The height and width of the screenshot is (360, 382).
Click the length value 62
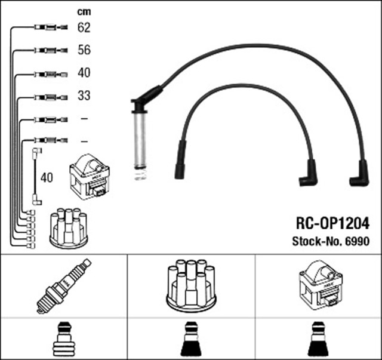84,27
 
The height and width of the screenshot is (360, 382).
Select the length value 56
84,50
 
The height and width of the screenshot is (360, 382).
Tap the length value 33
84,96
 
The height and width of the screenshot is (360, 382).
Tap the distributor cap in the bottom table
191,285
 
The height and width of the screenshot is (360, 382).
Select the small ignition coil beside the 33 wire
90,177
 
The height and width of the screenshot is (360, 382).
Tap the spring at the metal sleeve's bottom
141,174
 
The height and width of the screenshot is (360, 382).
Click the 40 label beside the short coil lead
47,177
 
